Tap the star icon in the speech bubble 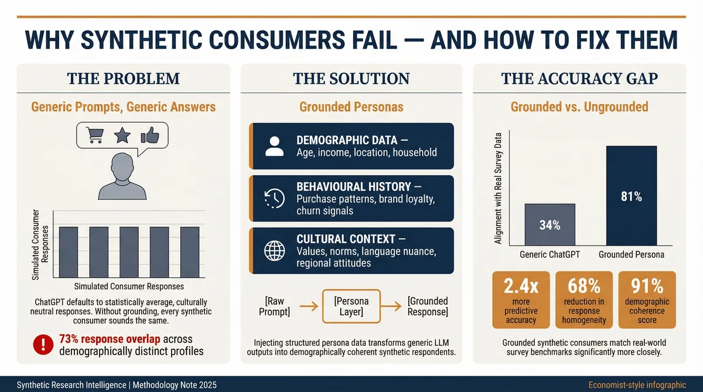tap(122, 137)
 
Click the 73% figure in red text tap(71, 339)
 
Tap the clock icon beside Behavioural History tap(274, 198)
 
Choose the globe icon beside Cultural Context tap(274, 251)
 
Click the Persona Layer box tap(351, 306)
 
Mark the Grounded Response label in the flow tap(428, 306)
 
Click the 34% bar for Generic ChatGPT tap(550, 224)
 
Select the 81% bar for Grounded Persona tap(631, 196)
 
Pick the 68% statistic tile tap(583, 299)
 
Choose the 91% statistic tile tap(647, 299)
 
